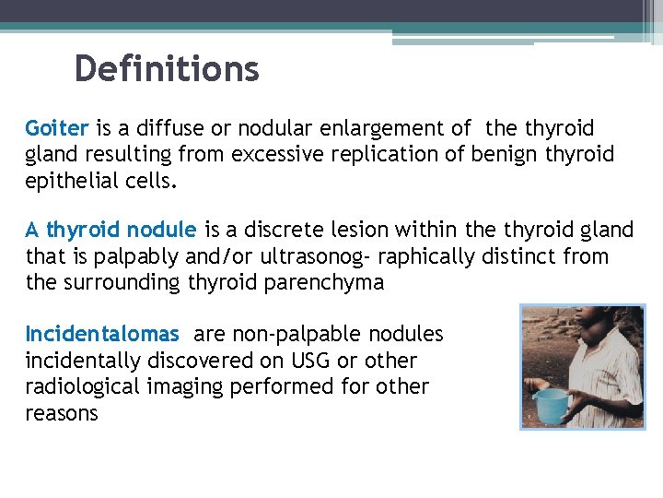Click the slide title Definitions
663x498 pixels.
pos(167,68)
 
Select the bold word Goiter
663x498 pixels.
pos(56,128)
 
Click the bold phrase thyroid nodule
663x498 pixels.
pos(122,230)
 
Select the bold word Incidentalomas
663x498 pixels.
pos(102,334)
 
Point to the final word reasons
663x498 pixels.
pos(62,413)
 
